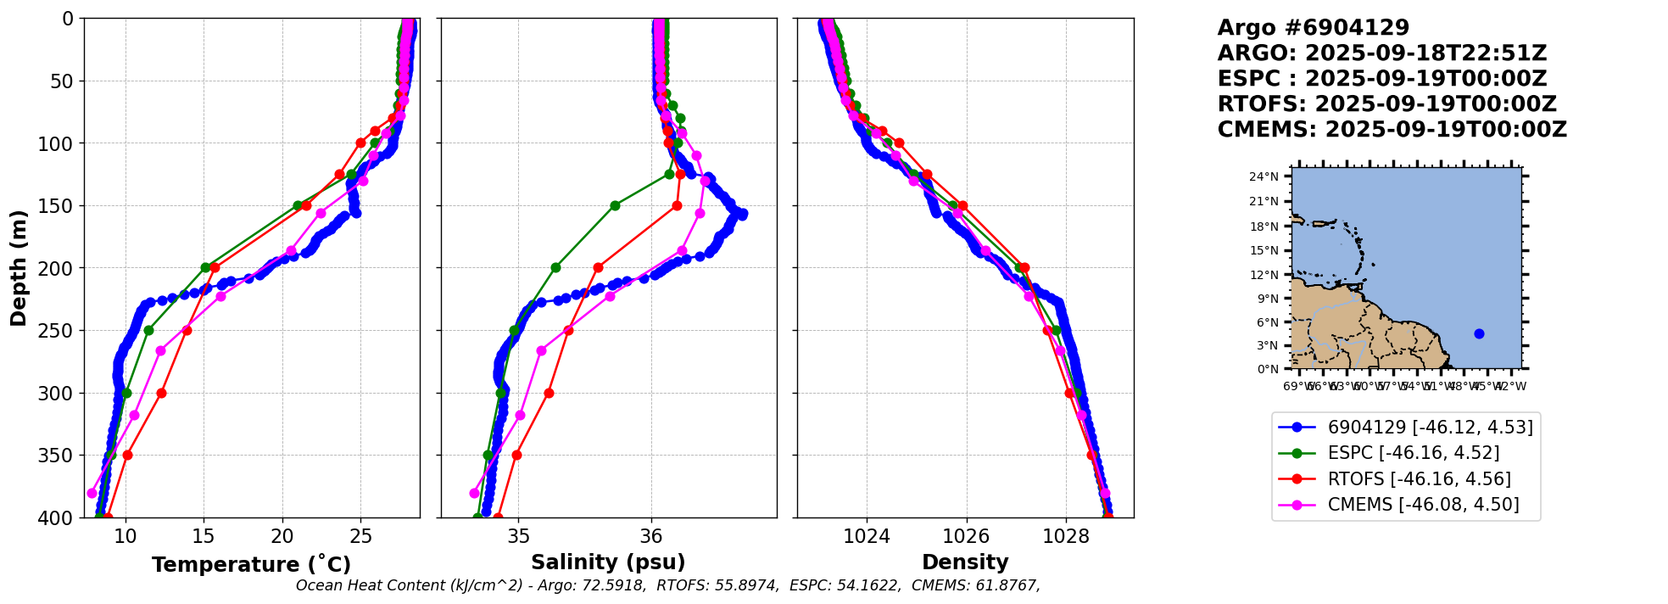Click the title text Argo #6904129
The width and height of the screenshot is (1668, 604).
click(x=1313, y=28)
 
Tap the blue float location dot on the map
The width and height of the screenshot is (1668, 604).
click(x=1479, y=333)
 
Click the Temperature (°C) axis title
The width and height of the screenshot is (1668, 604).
click(x=251, y=564)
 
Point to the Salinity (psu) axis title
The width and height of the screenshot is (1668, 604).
click(x=608, y=562)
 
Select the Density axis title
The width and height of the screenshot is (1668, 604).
click(x=965, y=562)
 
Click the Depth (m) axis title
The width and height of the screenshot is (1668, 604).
click(x=19, y=267)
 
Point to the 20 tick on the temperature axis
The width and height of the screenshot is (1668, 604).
click(x=282, y=536)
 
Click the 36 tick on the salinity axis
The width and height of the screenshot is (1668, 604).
click(x=651, y=536)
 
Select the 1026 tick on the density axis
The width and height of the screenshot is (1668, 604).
click(x=966, y=536)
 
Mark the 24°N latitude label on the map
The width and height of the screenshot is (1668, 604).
click(x=1264, y=177)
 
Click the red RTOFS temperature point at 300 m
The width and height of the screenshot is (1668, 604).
click(x=161, y=393)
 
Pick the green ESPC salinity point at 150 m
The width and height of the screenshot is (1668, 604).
click(x=615, y=205)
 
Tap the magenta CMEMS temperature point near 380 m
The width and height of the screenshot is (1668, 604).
click(x=92, y=493)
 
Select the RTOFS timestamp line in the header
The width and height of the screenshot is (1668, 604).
click(x=1386, y=104)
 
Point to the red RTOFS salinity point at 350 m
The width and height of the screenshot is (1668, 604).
click(x=516, y=455)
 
